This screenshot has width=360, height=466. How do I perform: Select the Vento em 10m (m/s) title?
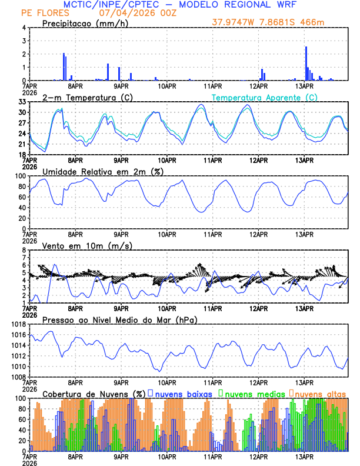tap(87, 245)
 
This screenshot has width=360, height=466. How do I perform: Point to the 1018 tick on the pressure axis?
tap(19, 324)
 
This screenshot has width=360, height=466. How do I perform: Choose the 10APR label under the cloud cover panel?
tap(167, 456)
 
